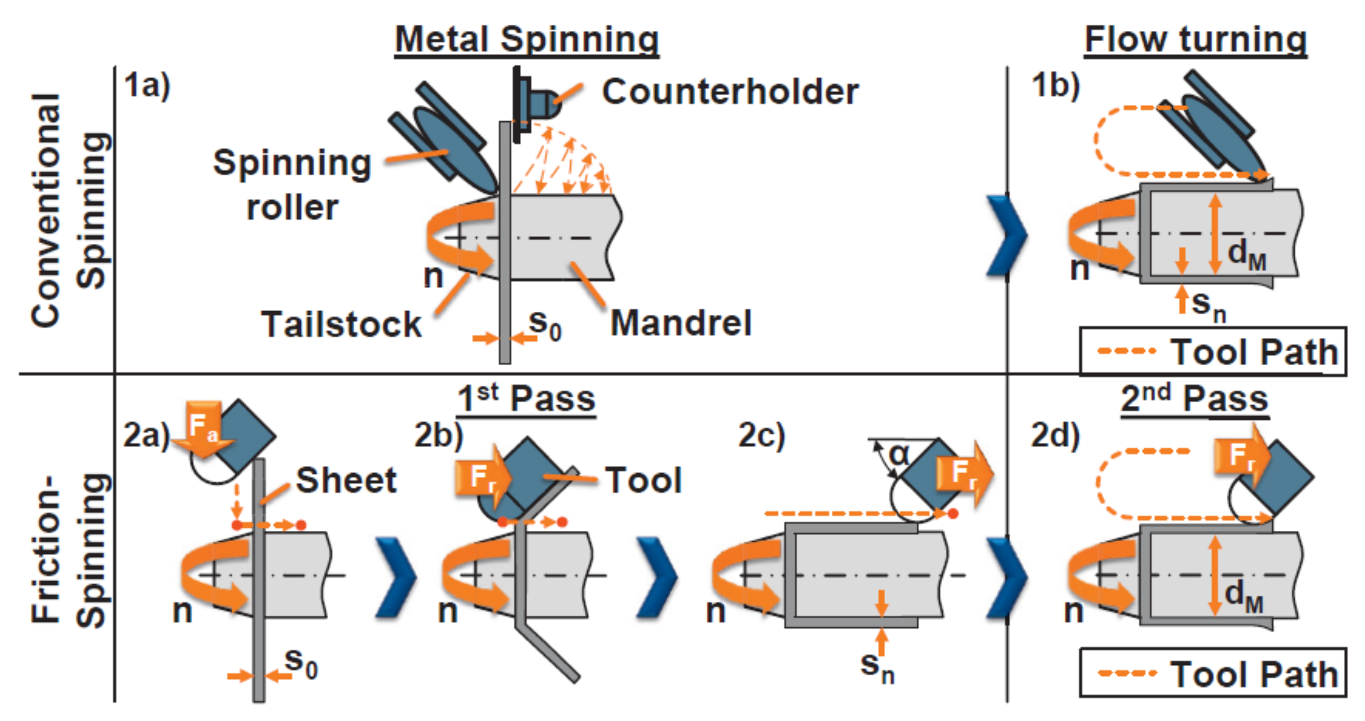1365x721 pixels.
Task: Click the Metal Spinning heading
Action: click(527, 40)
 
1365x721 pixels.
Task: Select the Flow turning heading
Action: click(1195, 40)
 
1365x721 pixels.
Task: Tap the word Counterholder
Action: click(730, 92)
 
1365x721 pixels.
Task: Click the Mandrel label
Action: click(681, 323)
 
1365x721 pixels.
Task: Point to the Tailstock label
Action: click(341, 324)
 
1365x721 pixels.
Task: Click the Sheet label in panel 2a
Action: click(346, 480)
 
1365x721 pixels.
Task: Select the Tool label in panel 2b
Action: click(643, 481)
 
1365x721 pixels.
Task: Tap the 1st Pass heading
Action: click(526, 398)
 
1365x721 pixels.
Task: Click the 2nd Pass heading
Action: click(1194, 398)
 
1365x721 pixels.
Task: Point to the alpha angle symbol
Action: click(899, 454)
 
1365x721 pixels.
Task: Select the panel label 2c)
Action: click(761, 436)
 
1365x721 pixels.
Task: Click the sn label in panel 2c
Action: click(877, 666)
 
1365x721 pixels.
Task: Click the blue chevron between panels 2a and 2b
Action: click(396, 577)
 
